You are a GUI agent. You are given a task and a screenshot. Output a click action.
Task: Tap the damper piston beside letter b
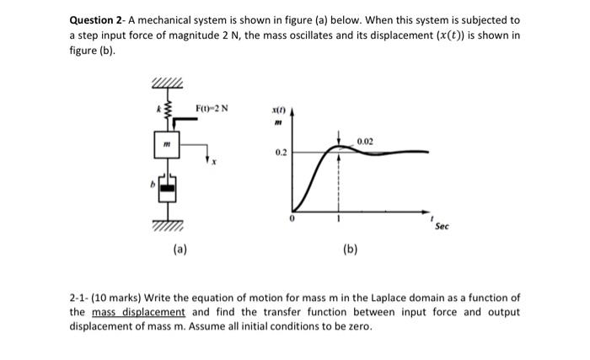coord(167,187)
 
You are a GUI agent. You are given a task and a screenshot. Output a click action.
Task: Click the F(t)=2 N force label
coord(212,108)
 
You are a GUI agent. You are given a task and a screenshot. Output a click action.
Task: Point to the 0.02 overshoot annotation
coord(363,141)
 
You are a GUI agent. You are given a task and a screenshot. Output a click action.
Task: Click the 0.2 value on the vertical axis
coord(281,153)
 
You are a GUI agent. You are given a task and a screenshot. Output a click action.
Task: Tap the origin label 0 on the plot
coord(291,219)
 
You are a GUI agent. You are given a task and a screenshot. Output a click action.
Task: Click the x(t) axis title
coord(278,111)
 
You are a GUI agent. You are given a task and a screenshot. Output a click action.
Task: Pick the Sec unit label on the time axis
coord(442,226)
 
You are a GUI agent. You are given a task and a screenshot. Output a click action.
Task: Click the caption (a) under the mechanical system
coord(181,250)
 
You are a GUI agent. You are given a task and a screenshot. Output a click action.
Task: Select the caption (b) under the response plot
coord(350,250)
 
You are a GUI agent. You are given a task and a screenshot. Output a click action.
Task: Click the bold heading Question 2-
coord(102,19)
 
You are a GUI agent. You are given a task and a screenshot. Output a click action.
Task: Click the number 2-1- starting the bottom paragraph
coord(82,298)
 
